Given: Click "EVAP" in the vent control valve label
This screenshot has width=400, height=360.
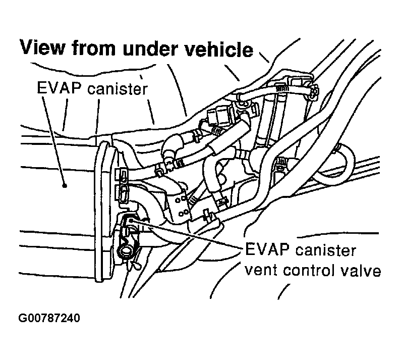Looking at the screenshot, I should [x=265, y=251].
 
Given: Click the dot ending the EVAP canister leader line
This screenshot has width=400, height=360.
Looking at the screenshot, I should [x=65, y=186].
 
